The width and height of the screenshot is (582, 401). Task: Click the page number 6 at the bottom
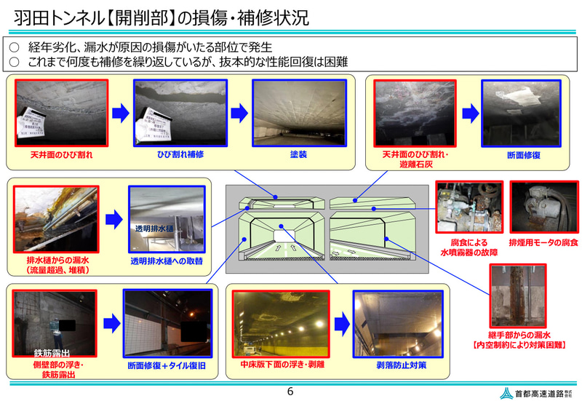(x=290, y=392)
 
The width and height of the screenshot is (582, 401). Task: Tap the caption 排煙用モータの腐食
(x=544, y=242)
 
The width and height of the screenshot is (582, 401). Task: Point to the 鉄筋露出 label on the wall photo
(x=49, y=353)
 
